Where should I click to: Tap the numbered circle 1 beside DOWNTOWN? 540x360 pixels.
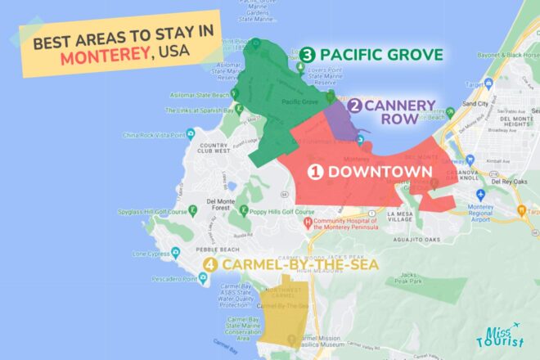tap(316, 172)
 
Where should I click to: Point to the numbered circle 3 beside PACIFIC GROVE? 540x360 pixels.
tap(308, 55)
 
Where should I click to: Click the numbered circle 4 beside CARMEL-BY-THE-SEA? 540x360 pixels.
tap(211, 264)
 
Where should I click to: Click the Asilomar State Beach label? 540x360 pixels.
tap(196, 95)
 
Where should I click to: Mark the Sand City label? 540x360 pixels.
tap(475, 105)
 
